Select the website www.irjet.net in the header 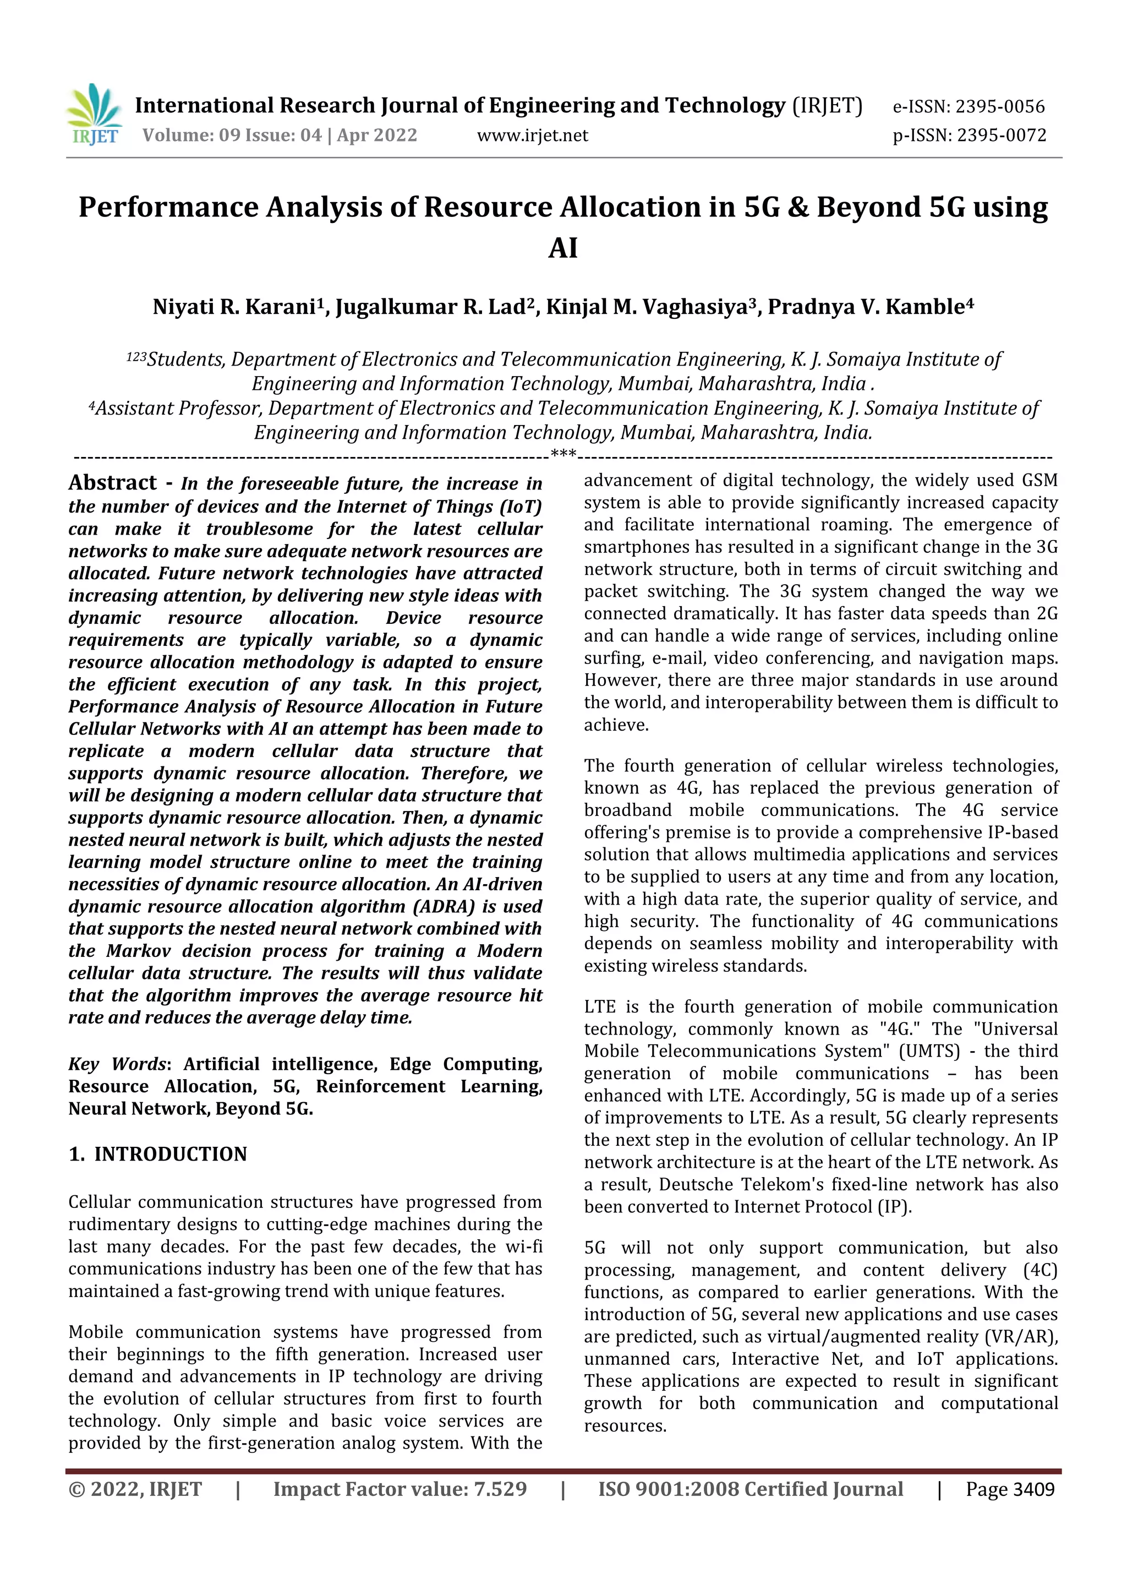coord(532,135)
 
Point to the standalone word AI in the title coord(562,248)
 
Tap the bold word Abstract coord(112,483)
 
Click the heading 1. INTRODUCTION coord(157,1154)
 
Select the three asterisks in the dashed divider coord(563,456)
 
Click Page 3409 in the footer coord(1010,1489)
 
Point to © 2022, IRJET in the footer coord(135,1489)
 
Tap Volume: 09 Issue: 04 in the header coord(232,135)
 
